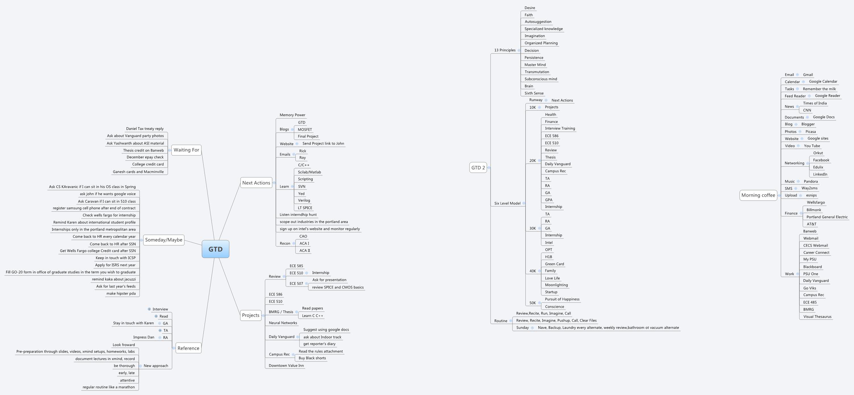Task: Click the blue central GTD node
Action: (x=216, y=249)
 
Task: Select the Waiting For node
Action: (x=186, y=150)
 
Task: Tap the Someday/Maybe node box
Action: (x=164, y=240)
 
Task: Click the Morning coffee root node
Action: (x=758, y=195)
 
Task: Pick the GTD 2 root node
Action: (x=478, y=168)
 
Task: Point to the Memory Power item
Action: (x=292, y=115)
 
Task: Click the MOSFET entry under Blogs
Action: (x=305, y=129)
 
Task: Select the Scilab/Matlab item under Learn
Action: (x=309, y=172)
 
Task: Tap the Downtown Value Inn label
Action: (x=286, y=365)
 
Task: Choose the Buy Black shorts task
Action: (x=312, y=358)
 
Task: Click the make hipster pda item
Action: (x=121, y=293)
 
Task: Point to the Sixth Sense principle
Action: (x=534, y=93)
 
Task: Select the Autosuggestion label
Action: (x=538, y=22)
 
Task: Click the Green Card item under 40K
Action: (x=554, y=264)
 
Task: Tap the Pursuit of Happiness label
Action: (x=562, y=299)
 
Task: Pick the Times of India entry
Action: (x=814, y=103)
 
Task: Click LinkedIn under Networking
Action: (x=820, y=174)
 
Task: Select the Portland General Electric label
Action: (x=827, y=217)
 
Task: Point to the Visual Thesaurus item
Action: (x=817, y=316)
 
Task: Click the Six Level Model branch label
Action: (x=507, y=203)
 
